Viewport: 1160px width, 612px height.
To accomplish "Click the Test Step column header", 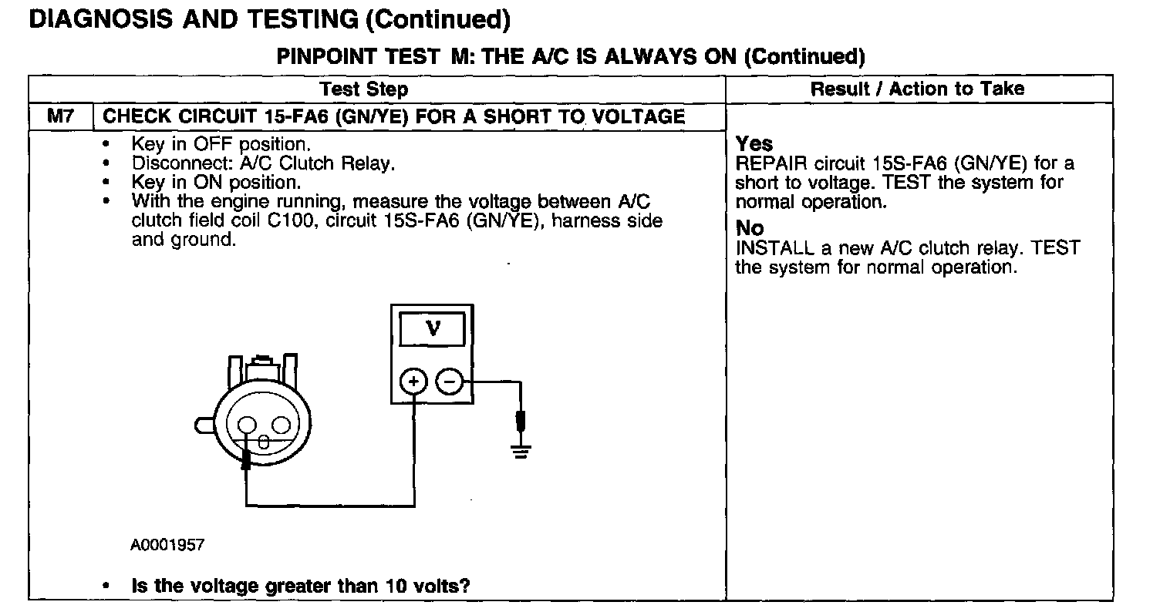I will coord(363,89).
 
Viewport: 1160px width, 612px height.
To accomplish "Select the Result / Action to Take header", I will coord(917,89).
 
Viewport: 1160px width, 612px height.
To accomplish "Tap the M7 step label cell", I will coord(59,116).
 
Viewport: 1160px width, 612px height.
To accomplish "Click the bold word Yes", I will coord(754,144).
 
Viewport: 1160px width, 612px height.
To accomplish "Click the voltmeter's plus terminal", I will coord(414,381).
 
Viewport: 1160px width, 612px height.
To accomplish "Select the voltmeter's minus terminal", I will coord(450,381).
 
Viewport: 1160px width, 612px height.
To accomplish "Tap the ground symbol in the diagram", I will coord(521,450).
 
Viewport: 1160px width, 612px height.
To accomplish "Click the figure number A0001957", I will coord(167,546).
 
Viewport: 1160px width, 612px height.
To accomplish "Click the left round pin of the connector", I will coord(247,425).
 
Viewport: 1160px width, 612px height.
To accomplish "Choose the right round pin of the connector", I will coord(281,425).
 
